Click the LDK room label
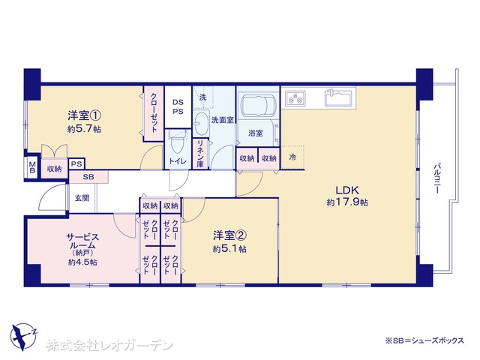click(x=347, y=190)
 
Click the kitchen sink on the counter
click(x=337, y=97)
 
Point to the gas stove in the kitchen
click(x=295, y=98)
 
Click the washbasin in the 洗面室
click(x=201, y=123)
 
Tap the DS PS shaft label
click(x=178, y=106)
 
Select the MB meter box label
click(x=32, y=168)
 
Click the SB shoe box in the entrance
click(x=88, y=177)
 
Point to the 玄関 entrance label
click(x=82, y=198)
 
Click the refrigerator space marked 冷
click(x=292, y=157)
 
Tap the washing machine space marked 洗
click(x=203, y=97)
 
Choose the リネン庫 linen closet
click(x=200, y=153)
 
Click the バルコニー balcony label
click(x=437, y=178)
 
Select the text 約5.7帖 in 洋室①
click(x=84, y=129)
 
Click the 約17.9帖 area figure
click(x=347, y=202)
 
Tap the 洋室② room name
click(x=230, y=235)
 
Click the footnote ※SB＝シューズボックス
click(x=424, y=340)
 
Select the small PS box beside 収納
click(x=76, y=164)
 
